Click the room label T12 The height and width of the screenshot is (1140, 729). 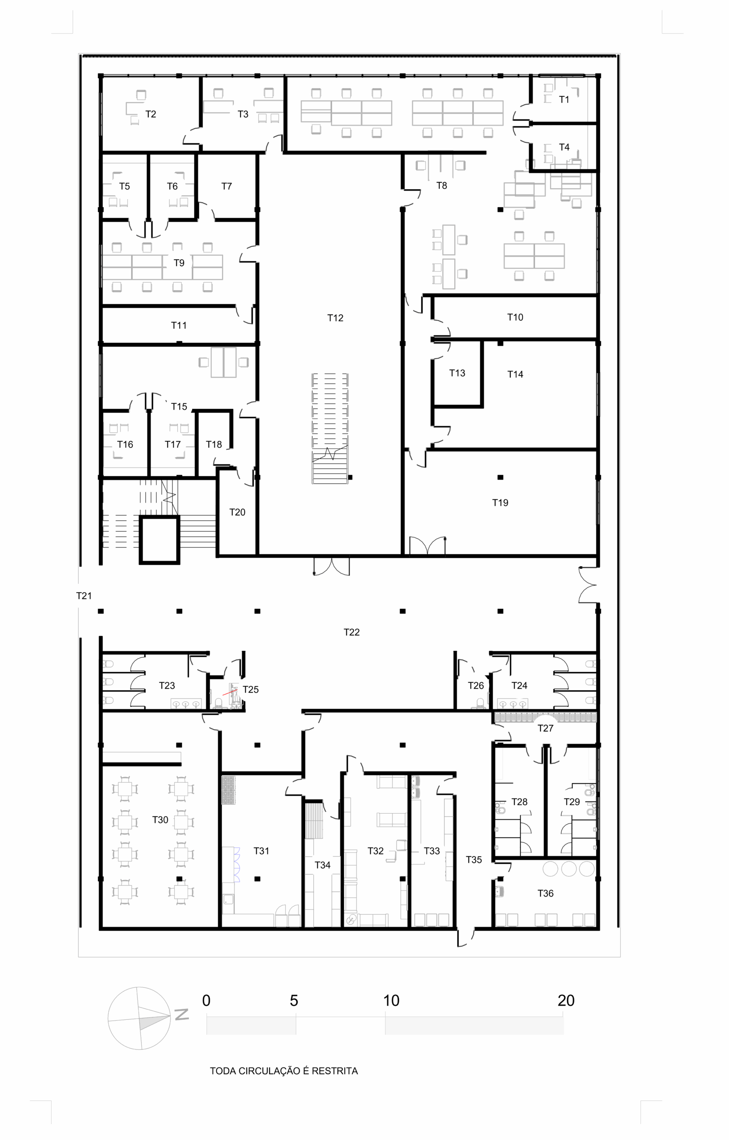click(335, 318)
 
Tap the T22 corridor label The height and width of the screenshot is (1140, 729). click(352, 632)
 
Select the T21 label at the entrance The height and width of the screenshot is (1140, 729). click(84, 595)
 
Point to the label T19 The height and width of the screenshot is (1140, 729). click(500, 502)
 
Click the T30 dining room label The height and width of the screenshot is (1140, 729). click(160, 819)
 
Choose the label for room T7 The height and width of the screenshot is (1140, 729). click(226, 186)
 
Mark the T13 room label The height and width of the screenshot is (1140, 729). click(457, 373)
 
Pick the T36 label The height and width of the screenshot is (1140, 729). click(545, 893)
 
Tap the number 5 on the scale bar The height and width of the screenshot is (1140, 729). click(294, 1000)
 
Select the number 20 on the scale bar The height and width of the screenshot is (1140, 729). click(566, 1000)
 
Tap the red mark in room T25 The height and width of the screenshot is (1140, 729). click(230, 692)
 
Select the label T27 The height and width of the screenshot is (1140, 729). click(545, 728)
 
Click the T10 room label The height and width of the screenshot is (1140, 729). click(515, 317)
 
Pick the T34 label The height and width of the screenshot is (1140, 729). click(323, 865)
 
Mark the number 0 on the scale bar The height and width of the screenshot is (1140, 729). click(206, 1000)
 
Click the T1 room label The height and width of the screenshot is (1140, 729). click(564, 99)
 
